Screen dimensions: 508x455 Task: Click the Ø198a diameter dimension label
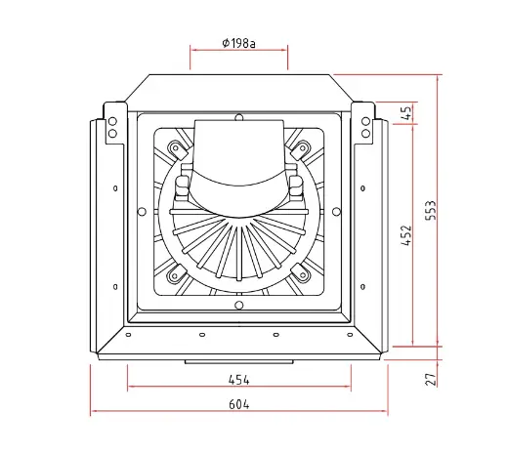coord(238,43)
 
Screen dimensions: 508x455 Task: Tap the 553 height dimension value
coord(431,210)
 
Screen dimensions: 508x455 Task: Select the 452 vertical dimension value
coord(406,235)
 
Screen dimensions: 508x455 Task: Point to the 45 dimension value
coord(407,113)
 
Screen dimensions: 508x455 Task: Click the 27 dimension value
coord(431,380)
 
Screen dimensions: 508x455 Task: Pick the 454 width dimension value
coord(239,380)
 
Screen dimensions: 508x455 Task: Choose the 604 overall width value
coord(239,404)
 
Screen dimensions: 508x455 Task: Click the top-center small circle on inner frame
coord(239,117)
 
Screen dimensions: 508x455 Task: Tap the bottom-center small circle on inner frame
coord(239,306)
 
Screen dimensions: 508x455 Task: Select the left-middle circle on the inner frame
coord(142,212)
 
